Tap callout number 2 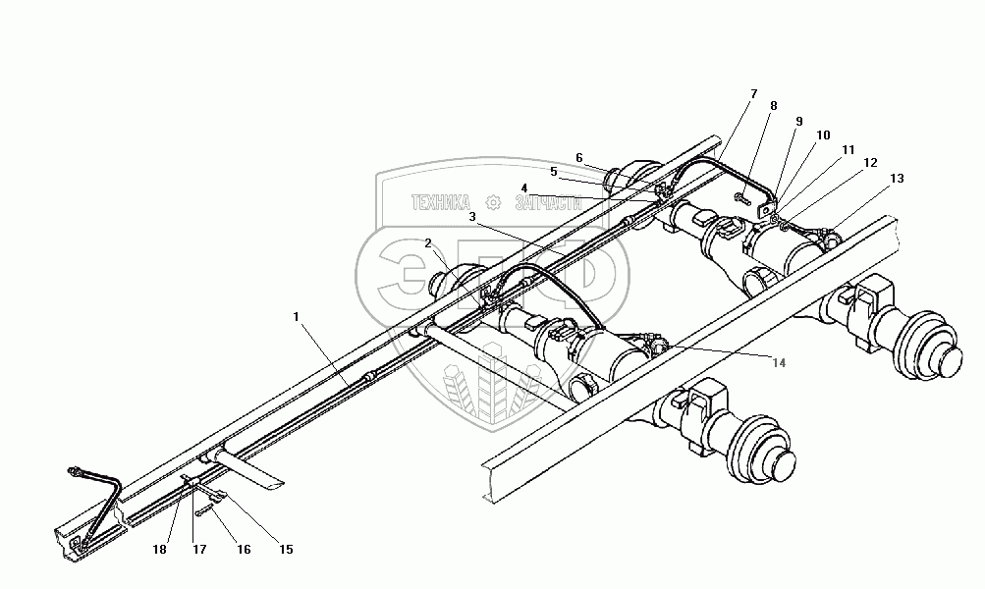[428, 242]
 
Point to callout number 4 [524, 187]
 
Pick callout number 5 [553, 172]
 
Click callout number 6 [579, 157]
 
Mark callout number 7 [753, 94]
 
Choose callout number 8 [773, 106]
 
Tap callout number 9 [798, 122]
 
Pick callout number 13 [896, 179]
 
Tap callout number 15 [286, 550]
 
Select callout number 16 [243, 550]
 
